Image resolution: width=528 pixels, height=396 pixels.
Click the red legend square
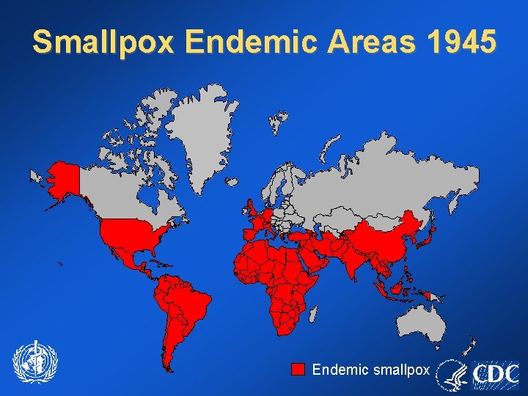pos(298,369)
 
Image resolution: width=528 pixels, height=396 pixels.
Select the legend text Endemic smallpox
pos(370,370)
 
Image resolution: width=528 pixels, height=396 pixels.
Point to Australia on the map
pos(421,323)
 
